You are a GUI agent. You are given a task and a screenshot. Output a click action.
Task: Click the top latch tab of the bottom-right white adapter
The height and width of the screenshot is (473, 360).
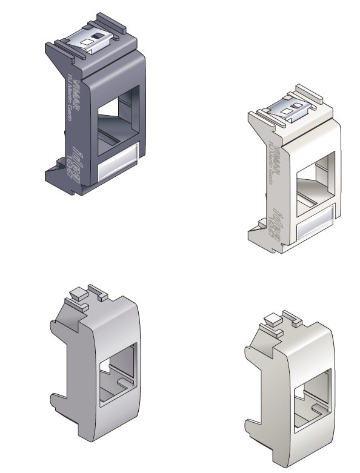[x=272, y=320]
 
